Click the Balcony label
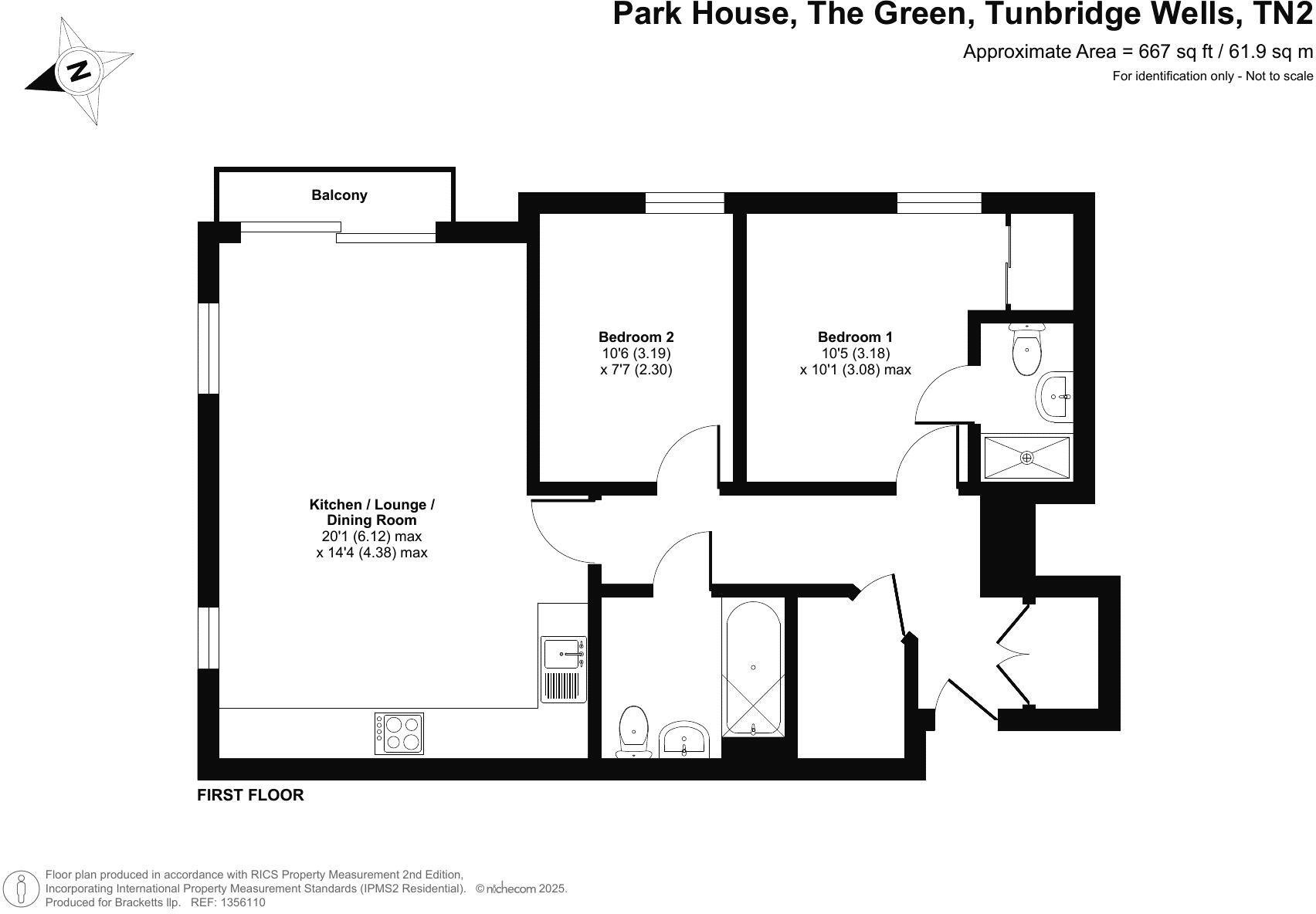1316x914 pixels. [339, 195]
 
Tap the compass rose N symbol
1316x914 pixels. [79, 70]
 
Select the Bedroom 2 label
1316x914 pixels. [636, 337]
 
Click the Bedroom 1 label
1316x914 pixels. [855, 337]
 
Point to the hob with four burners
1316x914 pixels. [399, 733]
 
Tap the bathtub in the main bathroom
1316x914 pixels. [753, 668]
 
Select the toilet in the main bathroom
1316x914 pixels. [633, 730]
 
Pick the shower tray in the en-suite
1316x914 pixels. [1026, 457]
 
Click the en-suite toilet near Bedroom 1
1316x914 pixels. [1026, 351]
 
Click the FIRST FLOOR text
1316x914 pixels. [250, 795]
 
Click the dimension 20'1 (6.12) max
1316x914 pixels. [371, 537]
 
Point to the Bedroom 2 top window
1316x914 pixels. [684, 203]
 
